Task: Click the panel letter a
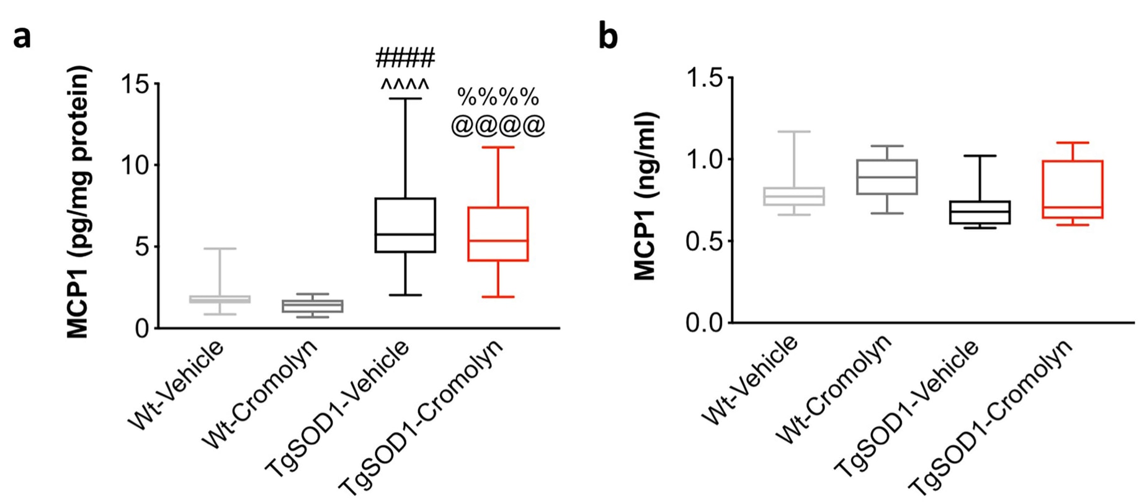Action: tap(22, 37)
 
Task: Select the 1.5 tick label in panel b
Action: tap(705, 79)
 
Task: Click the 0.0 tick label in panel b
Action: tap(705, 323)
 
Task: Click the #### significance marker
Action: tap(405, 58)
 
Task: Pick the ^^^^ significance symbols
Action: tap(405, 84)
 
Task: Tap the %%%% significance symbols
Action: tap(498, 97)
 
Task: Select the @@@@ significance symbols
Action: tap(498, 125)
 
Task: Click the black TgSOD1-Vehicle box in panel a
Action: tap(405, 225)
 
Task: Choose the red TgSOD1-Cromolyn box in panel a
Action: tap(498, 233)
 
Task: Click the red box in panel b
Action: tap(1073, 189)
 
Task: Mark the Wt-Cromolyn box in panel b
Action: tap(887, 177)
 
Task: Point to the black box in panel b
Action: tap(980, 212)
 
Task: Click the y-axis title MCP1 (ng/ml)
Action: tap(645, 196)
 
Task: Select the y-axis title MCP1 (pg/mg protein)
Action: tap(79, 202)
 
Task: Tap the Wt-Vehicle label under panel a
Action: tap(177, 385)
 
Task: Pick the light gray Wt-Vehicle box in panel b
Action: tap(794, 196)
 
